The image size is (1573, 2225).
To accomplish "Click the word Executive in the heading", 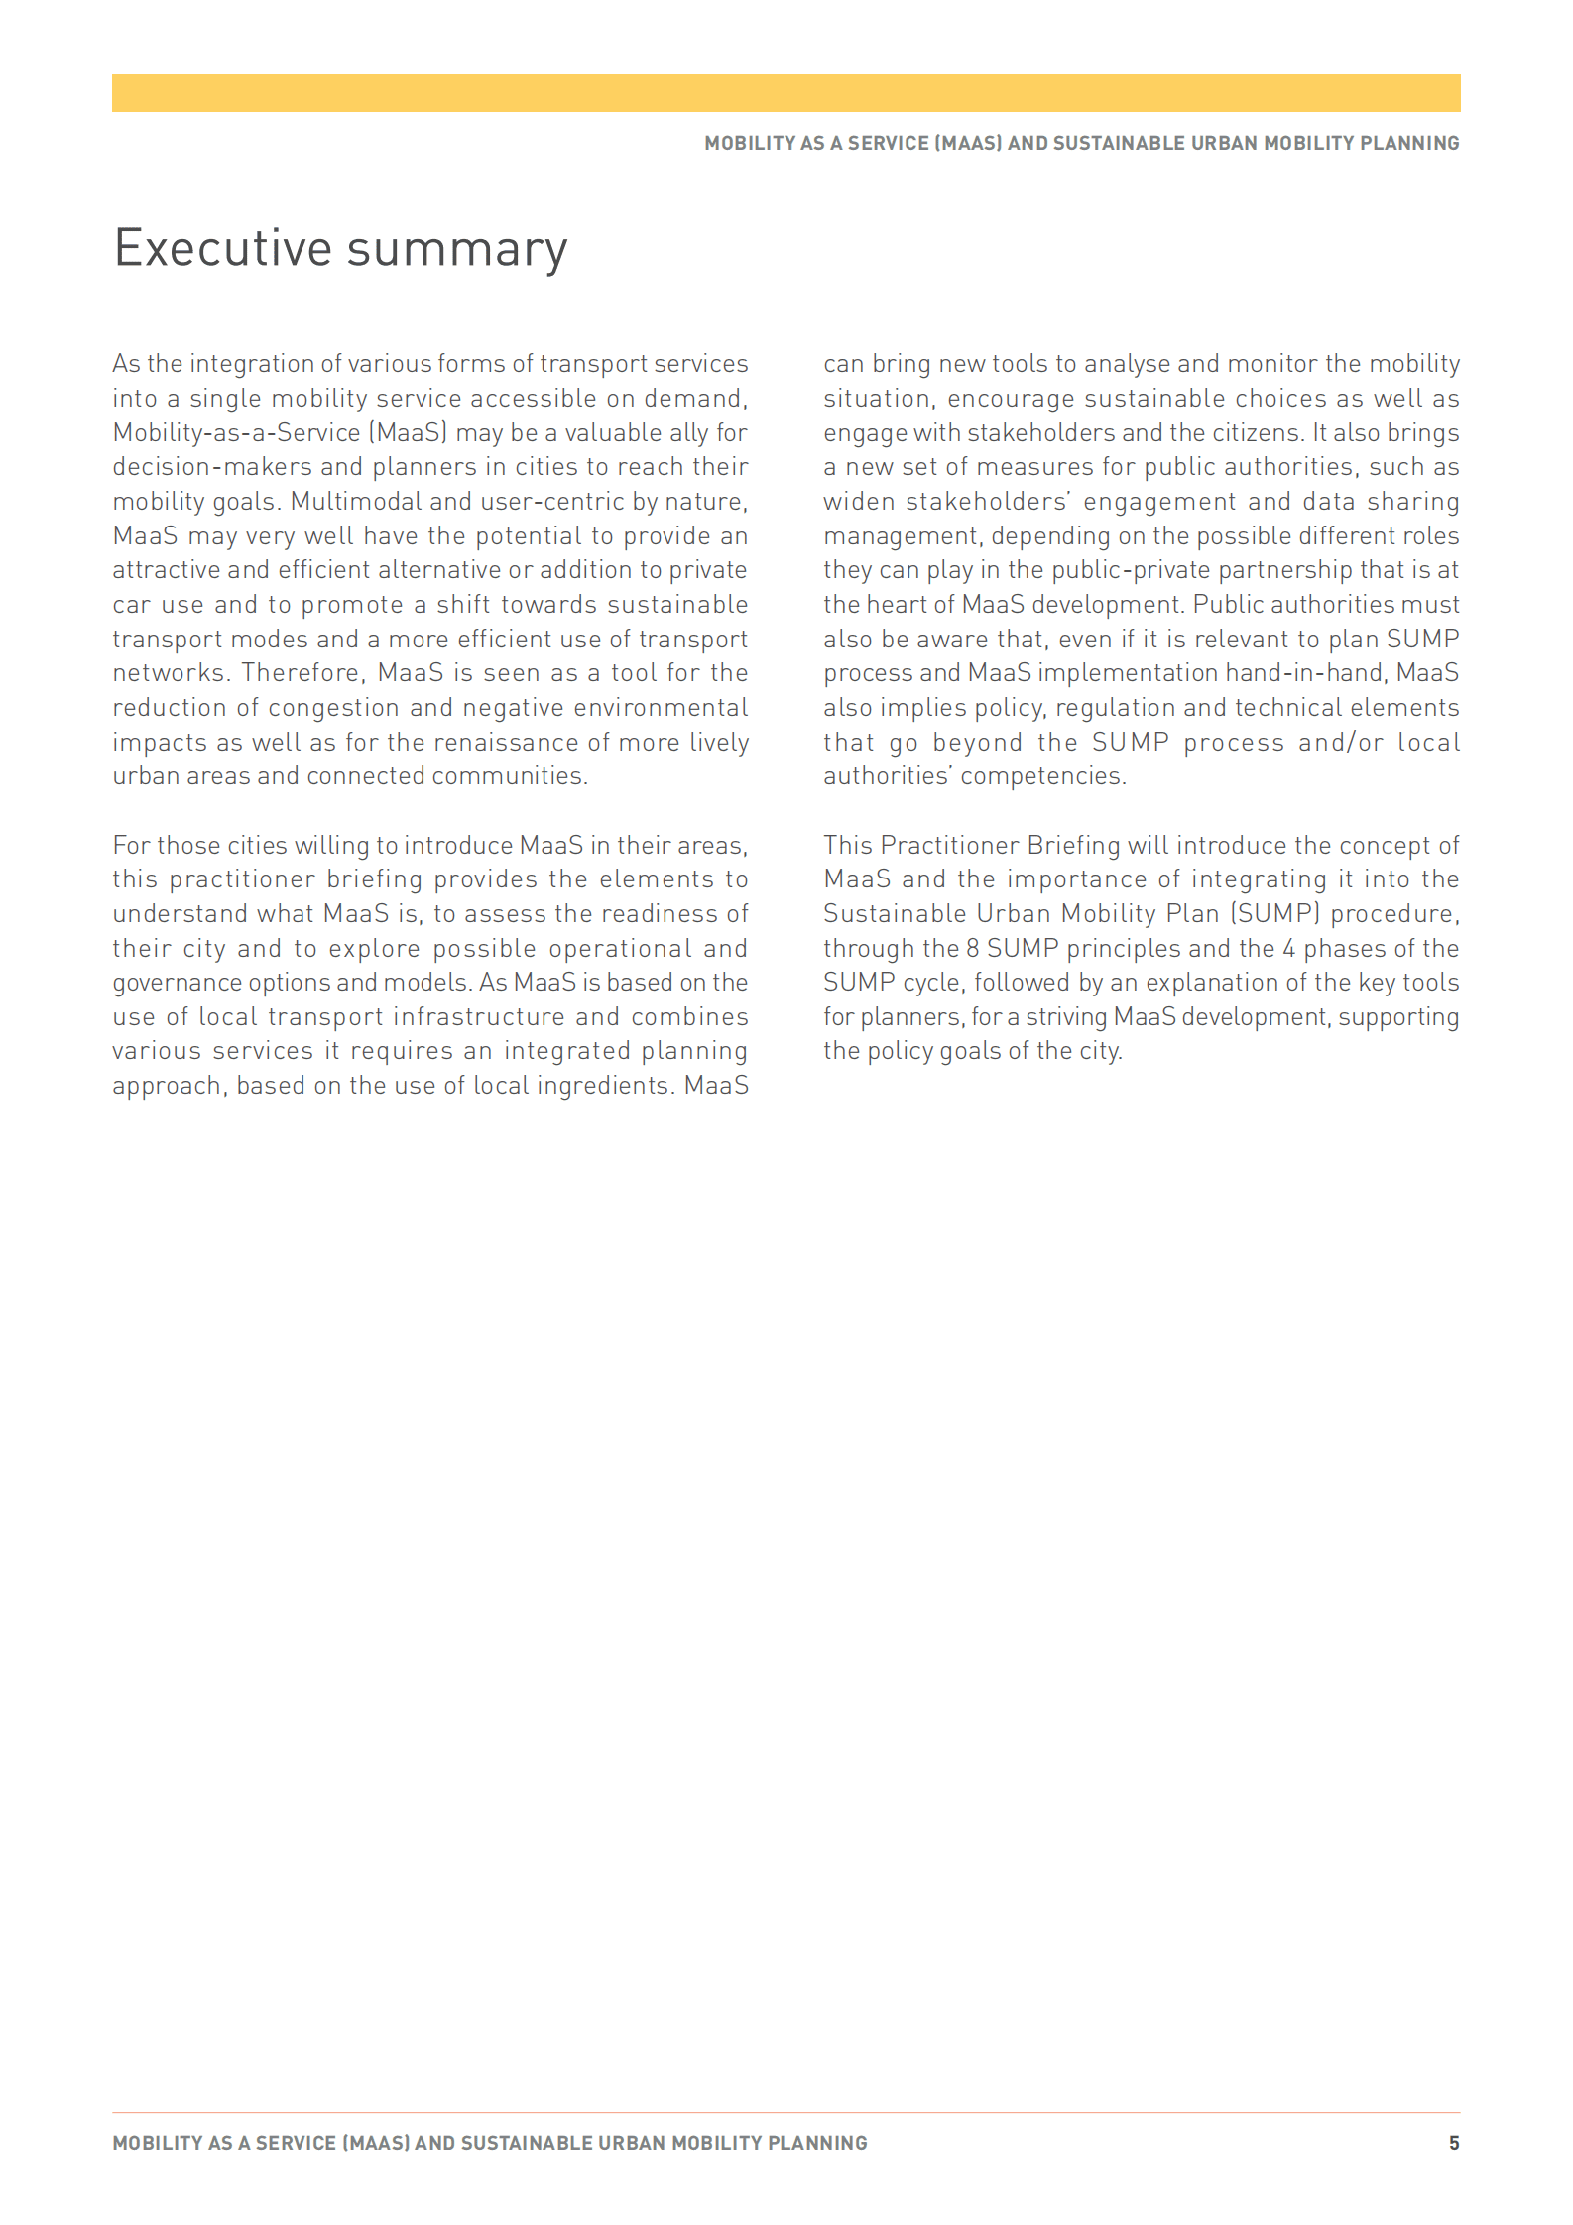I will tap(222, 248).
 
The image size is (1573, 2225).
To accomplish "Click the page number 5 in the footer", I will tap(1453, 2143).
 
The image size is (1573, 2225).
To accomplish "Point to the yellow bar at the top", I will tap(786, 93).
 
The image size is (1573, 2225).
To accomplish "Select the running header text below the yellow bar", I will tap(1081, 143).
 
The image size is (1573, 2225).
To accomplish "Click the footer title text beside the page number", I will tap(490, 2143).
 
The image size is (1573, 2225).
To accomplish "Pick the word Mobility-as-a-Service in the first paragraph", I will tap(236, 433).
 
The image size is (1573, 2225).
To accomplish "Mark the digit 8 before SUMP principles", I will tap(972, 949).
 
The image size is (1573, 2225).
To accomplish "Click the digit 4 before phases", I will tap(1288, 949).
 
